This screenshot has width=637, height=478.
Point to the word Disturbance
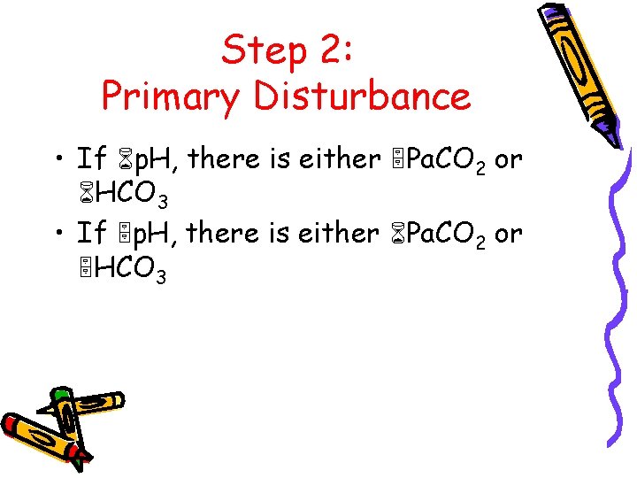tap(363, 96)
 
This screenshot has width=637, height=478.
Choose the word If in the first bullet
tap(91, 159)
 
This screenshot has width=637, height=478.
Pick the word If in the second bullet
tap(91, 234)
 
